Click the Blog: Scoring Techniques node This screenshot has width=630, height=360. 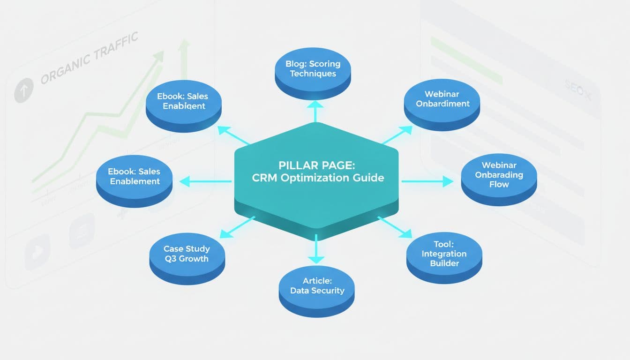pyautogui.click(x=313, y=68)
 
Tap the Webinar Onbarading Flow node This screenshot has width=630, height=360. pyautogui.click(x=499, y=174)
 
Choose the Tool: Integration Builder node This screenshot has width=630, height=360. pyautogui.click(x=443, y=254)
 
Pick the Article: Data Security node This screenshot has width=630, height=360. pyautogui.click(x=317, y=285)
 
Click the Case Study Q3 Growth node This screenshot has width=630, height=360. pyautogui.click(x=187, y=254)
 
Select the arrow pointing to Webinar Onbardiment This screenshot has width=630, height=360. pyautogui.click(x=397, y=135)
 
